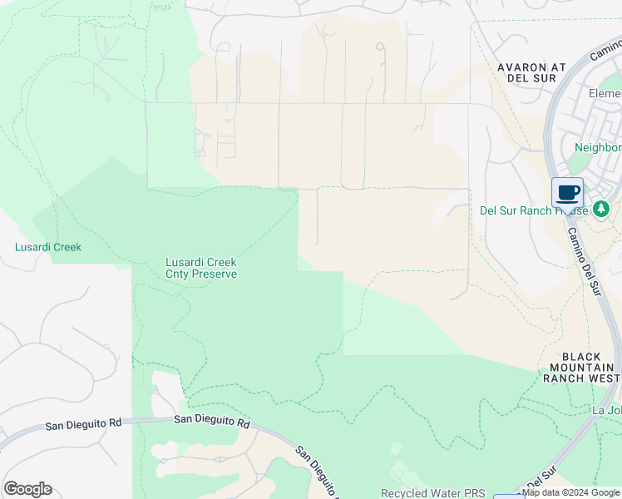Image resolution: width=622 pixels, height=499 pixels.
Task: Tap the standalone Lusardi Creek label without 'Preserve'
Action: tap(48, 247)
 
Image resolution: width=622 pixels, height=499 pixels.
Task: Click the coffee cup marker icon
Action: tap(567, 193)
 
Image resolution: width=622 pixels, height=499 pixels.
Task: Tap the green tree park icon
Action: tap(601, 209)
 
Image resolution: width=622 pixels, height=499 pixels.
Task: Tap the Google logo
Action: tap(27, 489)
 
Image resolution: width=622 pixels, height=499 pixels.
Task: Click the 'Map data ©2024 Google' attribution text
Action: tap(571, 492)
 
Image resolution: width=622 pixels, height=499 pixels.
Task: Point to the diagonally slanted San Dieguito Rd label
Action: tap(317, 470)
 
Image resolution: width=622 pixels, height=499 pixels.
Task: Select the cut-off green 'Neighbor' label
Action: tap(597, 147)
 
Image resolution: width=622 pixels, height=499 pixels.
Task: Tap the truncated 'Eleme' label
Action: tap(605, 93)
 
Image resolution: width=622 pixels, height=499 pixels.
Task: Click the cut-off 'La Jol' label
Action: tap(606, 410)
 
